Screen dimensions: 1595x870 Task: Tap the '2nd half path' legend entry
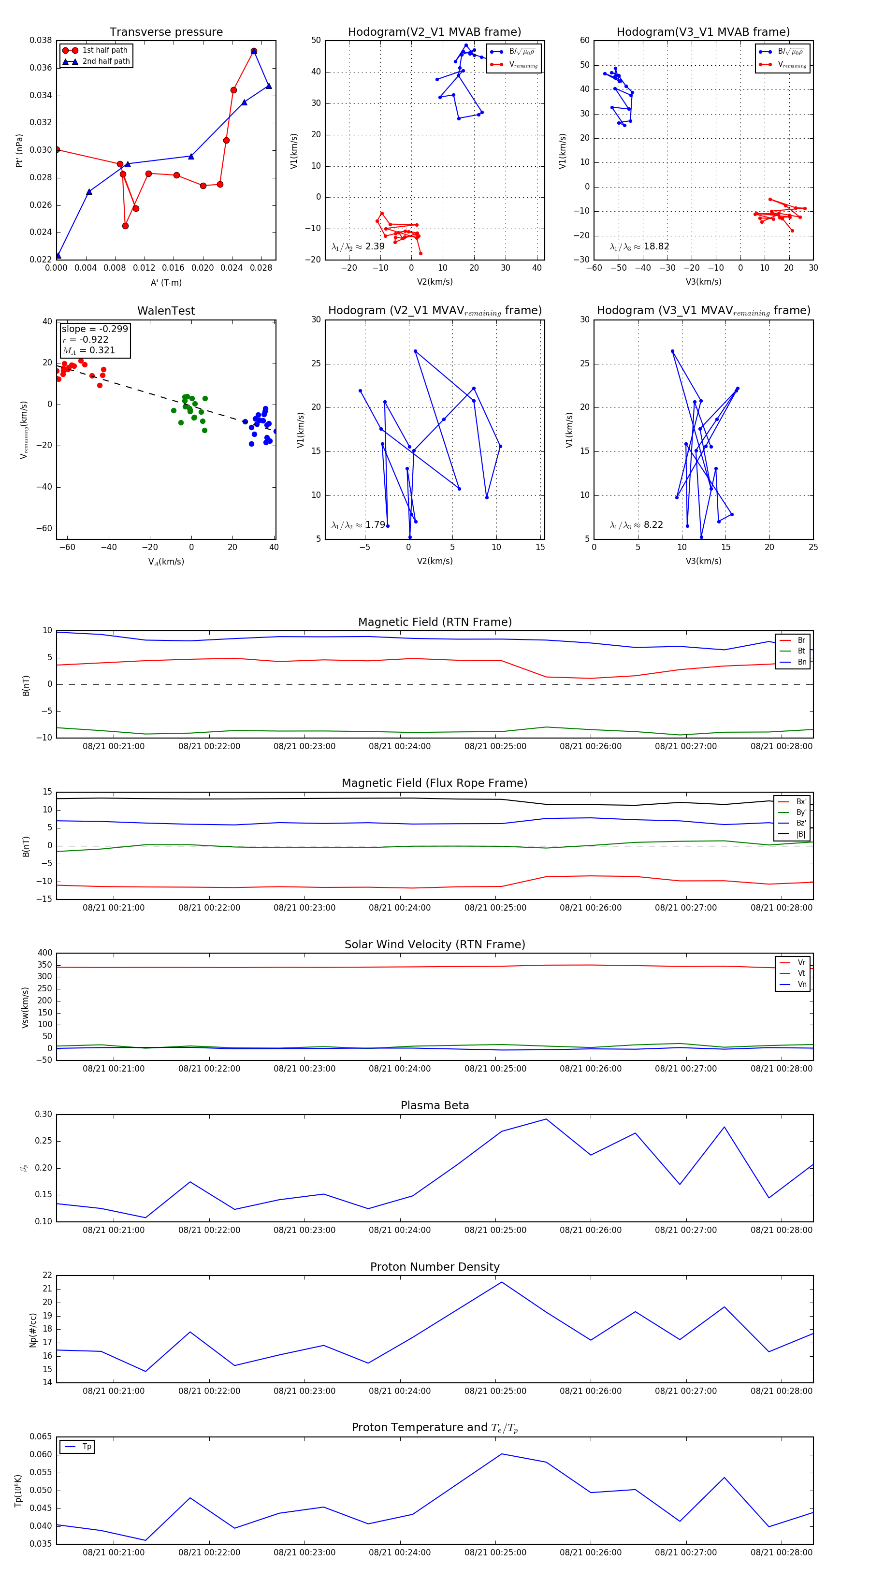(106, 61)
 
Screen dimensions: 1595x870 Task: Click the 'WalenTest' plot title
(166, 311)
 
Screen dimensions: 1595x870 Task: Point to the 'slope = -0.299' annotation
(95, 329)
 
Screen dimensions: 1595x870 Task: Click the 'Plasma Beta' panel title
(435, 1105)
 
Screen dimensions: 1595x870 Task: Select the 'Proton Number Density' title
(435, 1267)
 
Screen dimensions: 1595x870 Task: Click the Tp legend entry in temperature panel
(86, 1447)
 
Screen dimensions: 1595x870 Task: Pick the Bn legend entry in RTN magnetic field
(801, 662)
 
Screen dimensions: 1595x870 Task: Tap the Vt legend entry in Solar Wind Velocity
(801, 973)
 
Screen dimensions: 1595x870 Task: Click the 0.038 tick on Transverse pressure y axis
(41, 40)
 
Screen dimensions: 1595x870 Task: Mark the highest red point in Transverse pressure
(254, 51)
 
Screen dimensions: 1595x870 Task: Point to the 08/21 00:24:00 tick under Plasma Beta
(400, 1230)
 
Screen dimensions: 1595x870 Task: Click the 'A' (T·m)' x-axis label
(166, 282)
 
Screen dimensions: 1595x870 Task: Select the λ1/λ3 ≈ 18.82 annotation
(639, 246)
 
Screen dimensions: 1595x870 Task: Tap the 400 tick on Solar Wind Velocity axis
(45, 953)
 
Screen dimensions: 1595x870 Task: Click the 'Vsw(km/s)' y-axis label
(26, 1007)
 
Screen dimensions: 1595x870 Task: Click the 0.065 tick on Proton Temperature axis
(41, 1436)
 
